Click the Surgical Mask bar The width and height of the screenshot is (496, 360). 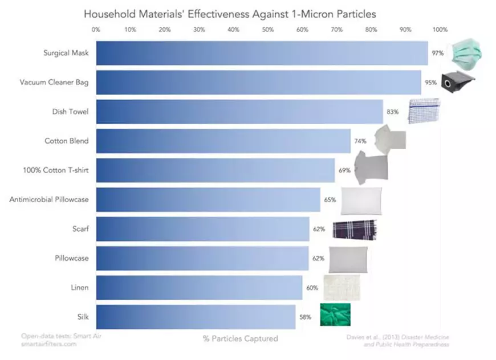coord(262,53)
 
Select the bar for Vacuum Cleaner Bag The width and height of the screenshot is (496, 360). coord(258,82)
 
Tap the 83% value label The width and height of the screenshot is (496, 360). coord(392,112)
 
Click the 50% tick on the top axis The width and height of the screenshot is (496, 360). coord(267,29)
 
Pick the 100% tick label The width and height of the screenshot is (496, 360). coord(440,29)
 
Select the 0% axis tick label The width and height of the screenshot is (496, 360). coord(96,29)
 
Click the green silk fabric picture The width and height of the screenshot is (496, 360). coord(335,315)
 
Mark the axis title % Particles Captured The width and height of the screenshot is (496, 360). coord(240,338)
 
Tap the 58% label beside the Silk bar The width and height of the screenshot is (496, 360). coord(305,317)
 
